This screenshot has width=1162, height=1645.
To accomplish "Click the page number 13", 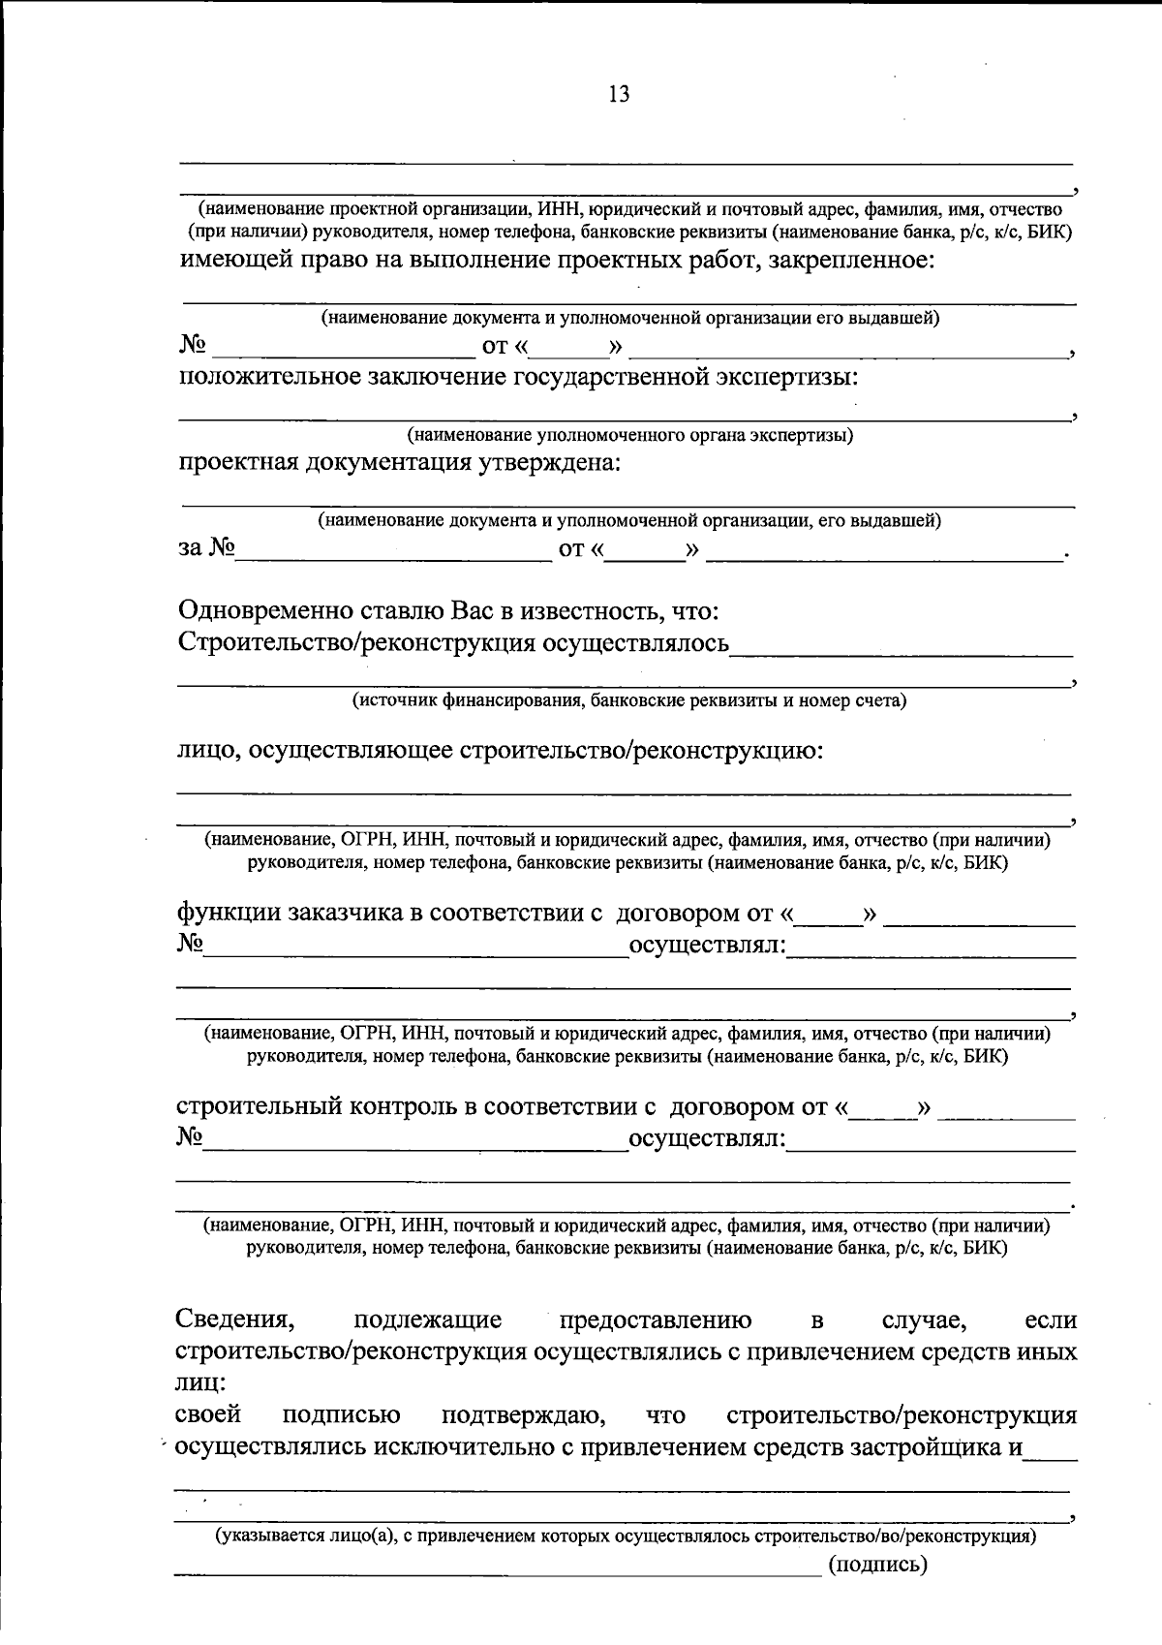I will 619,95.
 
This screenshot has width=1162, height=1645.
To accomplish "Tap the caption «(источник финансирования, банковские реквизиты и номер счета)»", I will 628,700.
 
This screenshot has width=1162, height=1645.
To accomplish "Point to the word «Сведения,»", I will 235,1319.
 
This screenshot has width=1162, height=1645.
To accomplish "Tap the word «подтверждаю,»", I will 524,1415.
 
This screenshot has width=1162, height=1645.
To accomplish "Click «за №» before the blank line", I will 207,548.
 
